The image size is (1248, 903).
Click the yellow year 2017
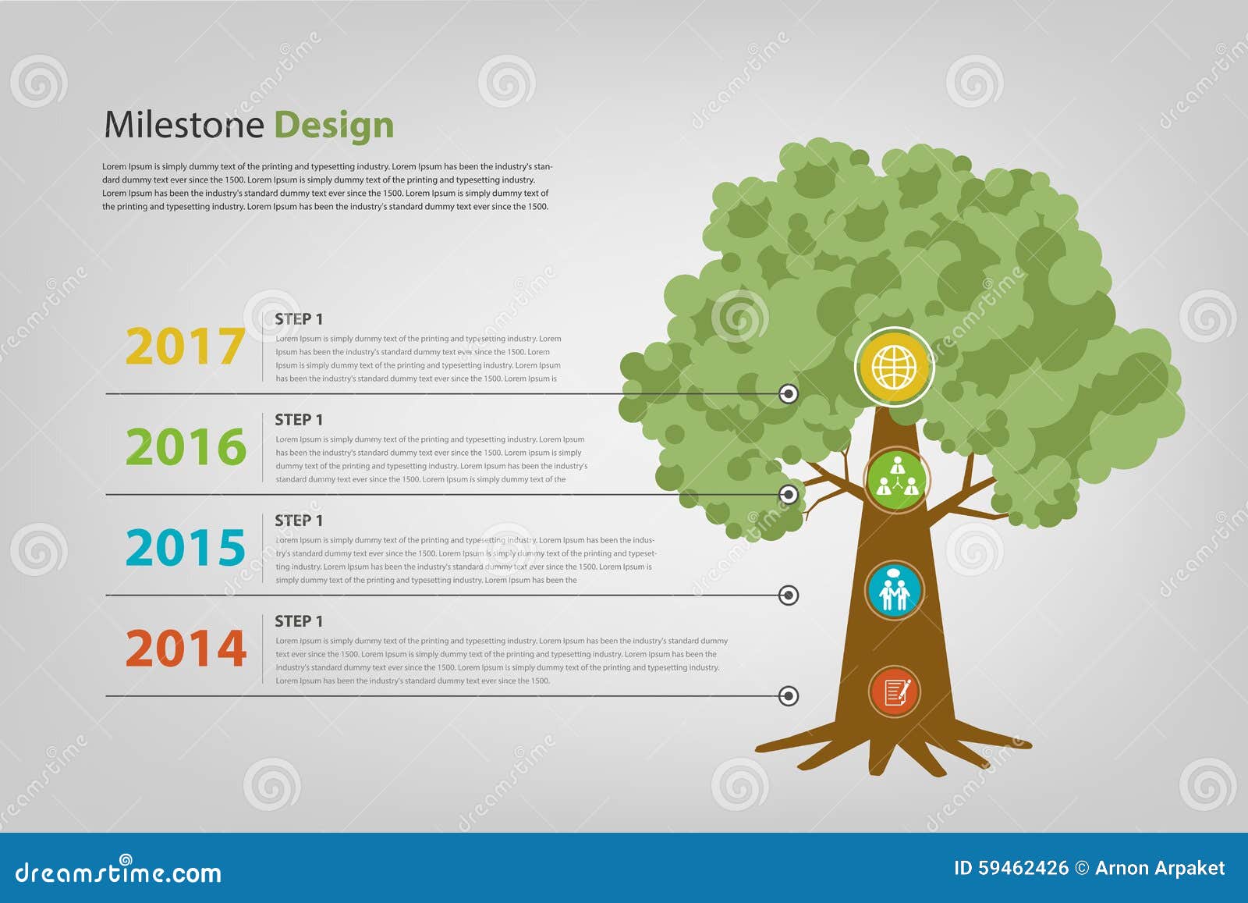pos(185,347)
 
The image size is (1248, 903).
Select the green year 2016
pos(186,447)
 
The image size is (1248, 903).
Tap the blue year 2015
pos(186,548)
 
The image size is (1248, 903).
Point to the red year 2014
pos(186,649)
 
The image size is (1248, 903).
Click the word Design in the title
pos(333,126)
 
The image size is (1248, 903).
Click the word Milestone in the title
pos(184,125)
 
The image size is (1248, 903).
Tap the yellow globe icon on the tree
pos(894,367)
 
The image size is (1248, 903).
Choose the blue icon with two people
pos(894,591)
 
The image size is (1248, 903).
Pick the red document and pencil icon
pos(895,691)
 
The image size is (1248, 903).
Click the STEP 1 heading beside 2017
pos(298,319)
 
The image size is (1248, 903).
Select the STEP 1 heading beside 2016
pos(298,420)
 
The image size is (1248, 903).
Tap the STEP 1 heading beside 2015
pos(298,521)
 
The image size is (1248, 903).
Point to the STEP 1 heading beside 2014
pos(298,621)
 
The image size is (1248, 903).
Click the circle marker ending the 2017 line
pos(789,394)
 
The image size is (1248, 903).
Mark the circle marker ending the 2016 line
pos(789,494)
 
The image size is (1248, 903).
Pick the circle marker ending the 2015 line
pos(789,595)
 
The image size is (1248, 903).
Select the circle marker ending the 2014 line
pos(789,695)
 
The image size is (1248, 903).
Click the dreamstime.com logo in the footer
pos(119,871)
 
